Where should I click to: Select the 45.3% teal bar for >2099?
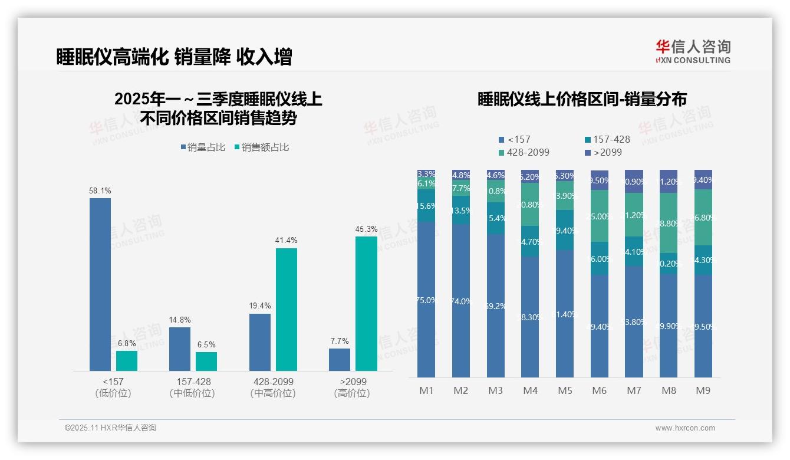[x=366, y=304]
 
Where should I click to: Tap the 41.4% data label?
[x=286, y=241]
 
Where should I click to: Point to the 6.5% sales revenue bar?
[x=206, y=362]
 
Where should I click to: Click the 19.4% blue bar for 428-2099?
[x=260, y=342]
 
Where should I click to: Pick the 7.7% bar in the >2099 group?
[x=340, y=360]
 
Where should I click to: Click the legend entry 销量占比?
[x=203, y=147]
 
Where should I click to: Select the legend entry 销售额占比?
[x=262, y=147]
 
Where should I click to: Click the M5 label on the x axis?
[x=564, y=390]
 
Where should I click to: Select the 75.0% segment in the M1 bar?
[x=426, y=300]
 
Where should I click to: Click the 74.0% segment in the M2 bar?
[x=461, y=301]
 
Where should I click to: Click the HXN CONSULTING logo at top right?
[x=693, y=51]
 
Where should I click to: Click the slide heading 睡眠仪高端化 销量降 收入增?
[x=174, y=57]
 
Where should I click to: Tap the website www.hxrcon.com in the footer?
[x=685, y=428]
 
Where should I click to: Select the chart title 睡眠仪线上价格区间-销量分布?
[x=582, y=99]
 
